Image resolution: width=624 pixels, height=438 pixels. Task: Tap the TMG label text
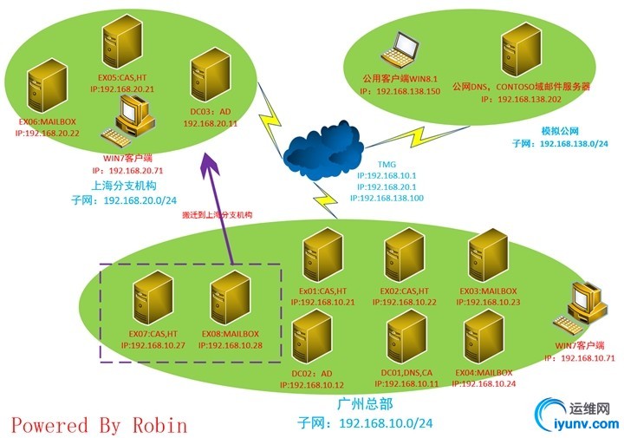pos(386,163)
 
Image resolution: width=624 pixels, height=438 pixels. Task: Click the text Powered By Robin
pos(99,425)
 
